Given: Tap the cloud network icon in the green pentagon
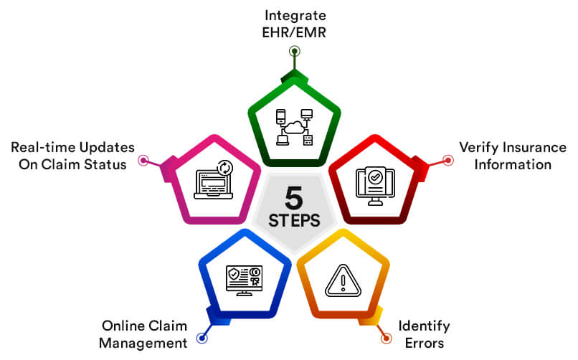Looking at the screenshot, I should [x=294, y=127].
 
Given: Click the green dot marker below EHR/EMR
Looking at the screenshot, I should [x=294, y=51].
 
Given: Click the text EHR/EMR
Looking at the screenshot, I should [x=294, y=32].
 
